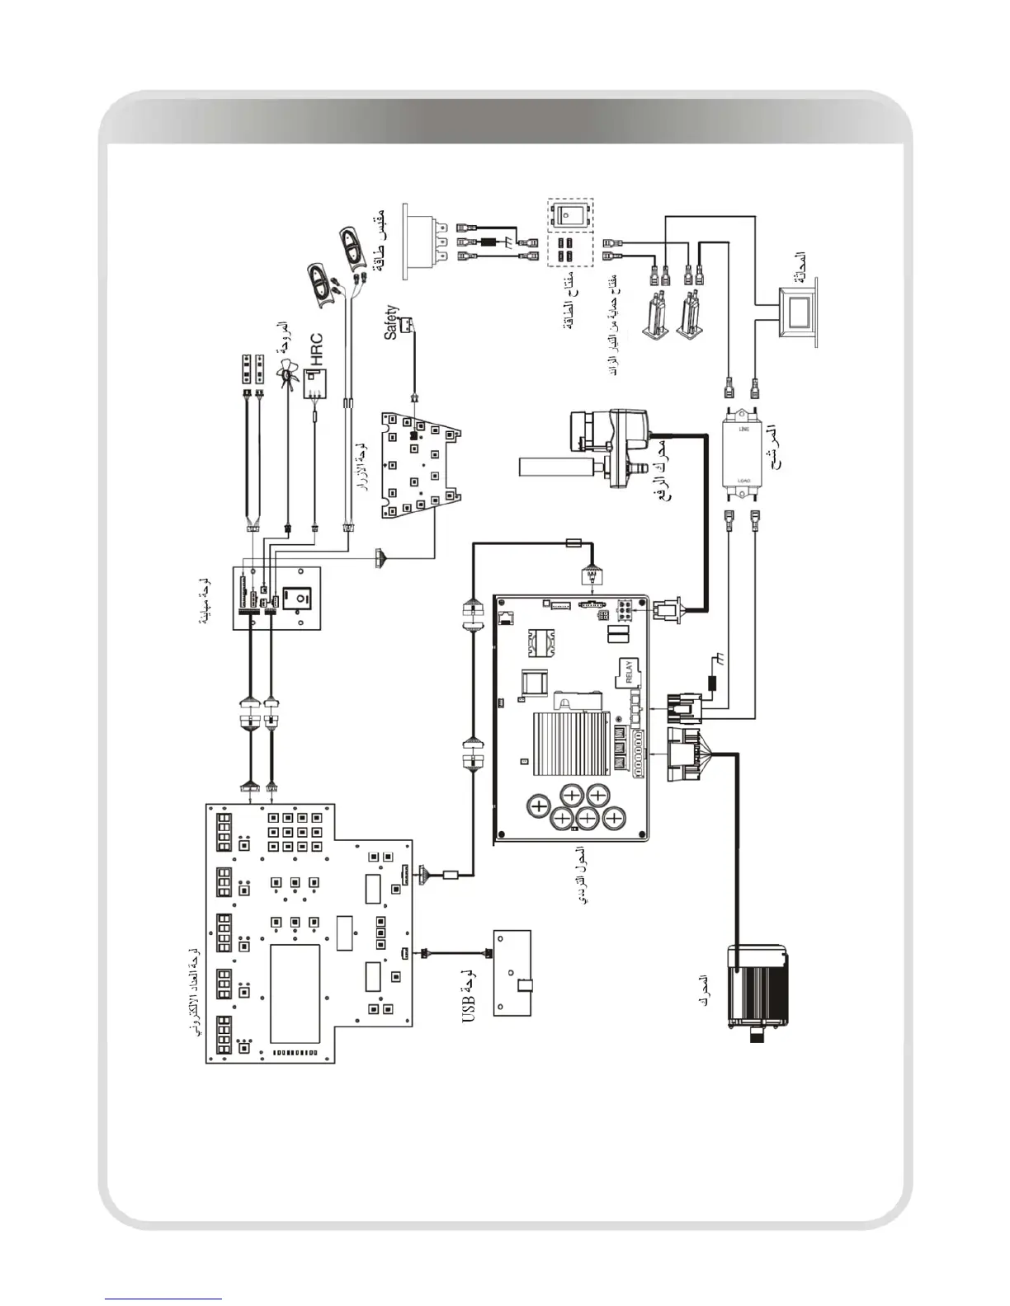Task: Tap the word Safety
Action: pyautogui.click(x=391, y=322)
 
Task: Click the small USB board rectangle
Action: pyautogui.click(x=512, y=973)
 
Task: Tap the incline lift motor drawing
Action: pyautogui.click(x=600, y=445)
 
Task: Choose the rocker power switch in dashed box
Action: pyautogui.click(x=570, y=214)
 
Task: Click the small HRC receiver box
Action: pyautogui.click(x=314, y=384)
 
